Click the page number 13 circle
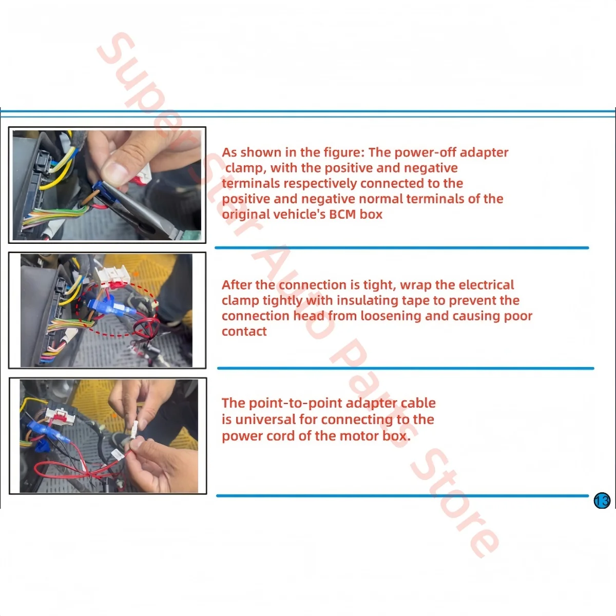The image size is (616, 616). [602, 500]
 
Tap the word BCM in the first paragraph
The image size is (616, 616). [342, 214]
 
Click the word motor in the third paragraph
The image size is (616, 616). [359, 436]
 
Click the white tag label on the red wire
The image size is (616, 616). [117, 455]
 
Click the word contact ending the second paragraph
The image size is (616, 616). [244, 331]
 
